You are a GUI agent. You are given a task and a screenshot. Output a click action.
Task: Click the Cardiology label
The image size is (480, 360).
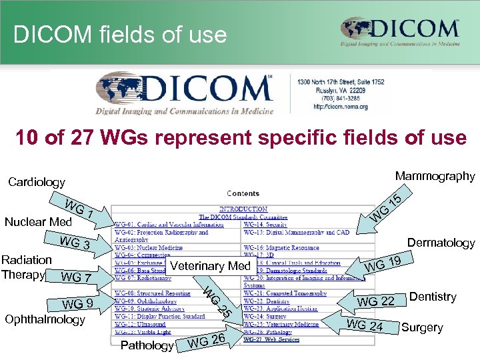37,182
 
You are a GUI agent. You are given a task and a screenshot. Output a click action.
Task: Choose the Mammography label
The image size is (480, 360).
435,177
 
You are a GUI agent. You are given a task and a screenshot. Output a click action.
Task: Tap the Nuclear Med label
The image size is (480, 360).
38,222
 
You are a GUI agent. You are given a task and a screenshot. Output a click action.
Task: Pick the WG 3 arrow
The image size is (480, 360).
77,244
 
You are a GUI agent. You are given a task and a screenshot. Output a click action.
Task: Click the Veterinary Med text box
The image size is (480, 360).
210,267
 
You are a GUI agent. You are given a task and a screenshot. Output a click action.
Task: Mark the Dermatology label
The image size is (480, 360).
441,243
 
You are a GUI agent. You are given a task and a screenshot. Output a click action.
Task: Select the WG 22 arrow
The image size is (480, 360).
373,301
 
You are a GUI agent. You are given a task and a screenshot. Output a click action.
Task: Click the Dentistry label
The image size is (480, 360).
433,297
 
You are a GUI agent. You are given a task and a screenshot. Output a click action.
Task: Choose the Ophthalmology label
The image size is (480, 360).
45,319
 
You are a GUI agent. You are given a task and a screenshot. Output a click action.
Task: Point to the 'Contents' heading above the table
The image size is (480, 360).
243,194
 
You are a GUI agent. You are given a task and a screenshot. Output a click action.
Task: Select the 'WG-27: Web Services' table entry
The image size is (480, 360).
271,340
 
